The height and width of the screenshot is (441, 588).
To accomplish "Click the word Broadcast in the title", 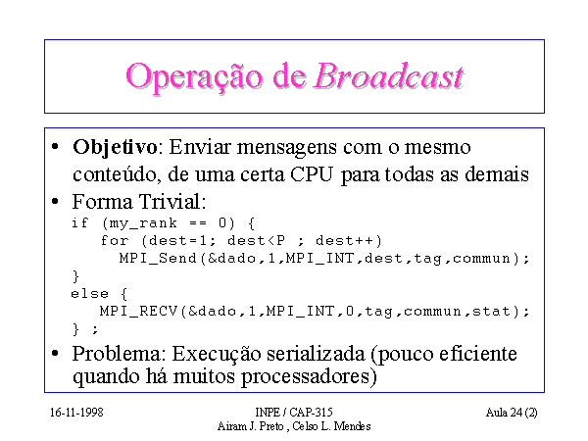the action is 389,76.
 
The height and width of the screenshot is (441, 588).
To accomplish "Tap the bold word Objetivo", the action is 115,147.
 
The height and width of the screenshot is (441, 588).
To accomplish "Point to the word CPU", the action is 312,174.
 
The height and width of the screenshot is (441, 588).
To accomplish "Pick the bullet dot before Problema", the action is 55,353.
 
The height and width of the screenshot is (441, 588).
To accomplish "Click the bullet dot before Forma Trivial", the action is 55,201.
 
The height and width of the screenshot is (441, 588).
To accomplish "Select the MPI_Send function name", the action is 158,258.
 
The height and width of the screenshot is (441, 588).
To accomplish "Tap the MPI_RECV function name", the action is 138,311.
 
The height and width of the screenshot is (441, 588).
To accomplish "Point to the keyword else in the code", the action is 89,293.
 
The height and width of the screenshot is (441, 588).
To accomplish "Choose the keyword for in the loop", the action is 115,240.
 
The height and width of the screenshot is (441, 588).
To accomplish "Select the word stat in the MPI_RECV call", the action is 491,311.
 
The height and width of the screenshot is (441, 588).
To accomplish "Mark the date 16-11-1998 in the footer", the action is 76,413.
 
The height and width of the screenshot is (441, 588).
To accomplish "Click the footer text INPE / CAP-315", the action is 294,413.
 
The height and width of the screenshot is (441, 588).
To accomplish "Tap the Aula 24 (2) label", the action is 512,413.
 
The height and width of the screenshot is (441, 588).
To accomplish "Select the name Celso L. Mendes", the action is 331,426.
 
